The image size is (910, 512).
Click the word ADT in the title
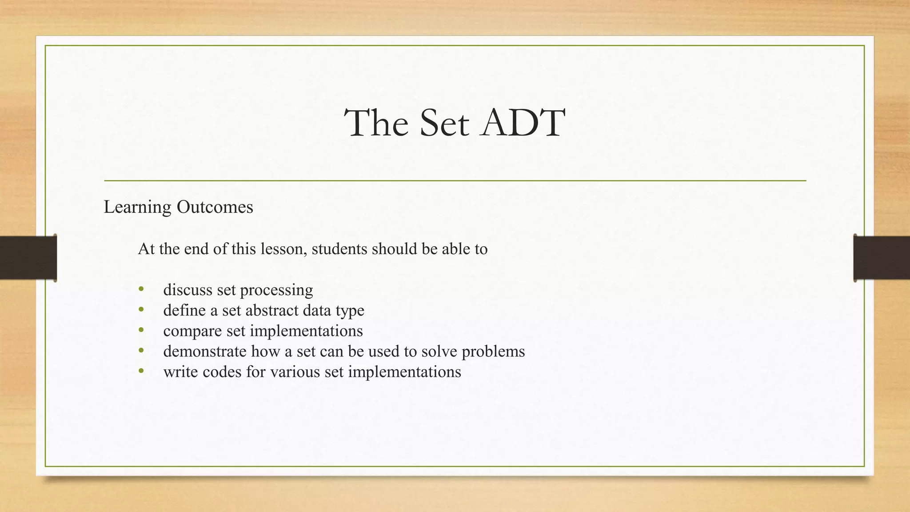tap(523, 123)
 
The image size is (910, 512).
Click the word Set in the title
tap(444, 123)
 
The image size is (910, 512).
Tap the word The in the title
tap(376, 123)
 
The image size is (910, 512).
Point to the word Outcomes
tap(215, 207)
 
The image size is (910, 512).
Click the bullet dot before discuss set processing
tap(141, 289)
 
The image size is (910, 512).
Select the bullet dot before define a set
tap(141, 310)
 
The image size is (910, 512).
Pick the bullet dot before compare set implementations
tap(141, 330)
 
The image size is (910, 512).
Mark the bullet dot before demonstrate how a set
tap(141, 351)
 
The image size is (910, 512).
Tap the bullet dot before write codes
tap(141, 371)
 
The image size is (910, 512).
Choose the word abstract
tap(271, 310)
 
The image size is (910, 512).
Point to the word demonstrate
tap(205, 351)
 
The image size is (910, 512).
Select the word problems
tap(493, 352)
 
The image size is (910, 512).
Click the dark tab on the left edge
tap(28, 258)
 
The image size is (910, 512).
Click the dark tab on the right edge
tap(882, 258)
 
